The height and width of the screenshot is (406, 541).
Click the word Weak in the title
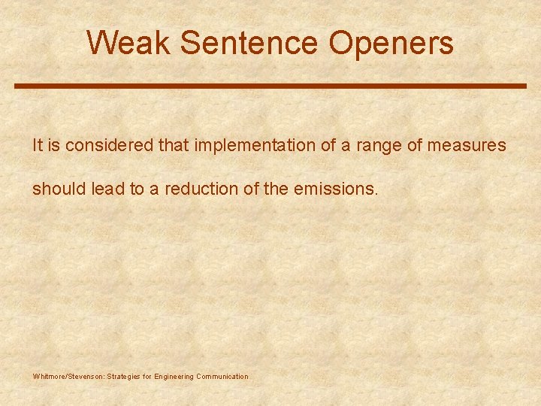[x=129, y=43]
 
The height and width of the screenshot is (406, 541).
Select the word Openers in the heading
[x=391, y=43]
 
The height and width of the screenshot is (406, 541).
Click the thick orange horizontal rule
[x=270, y=86]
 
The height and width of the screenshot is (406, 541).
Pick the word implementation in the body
[x=255, y=145]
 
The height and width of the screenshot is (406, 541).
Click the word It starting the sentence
[x=38, y=145]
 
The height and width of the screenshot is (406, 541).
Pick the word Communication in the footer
[x=222, y=377]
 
